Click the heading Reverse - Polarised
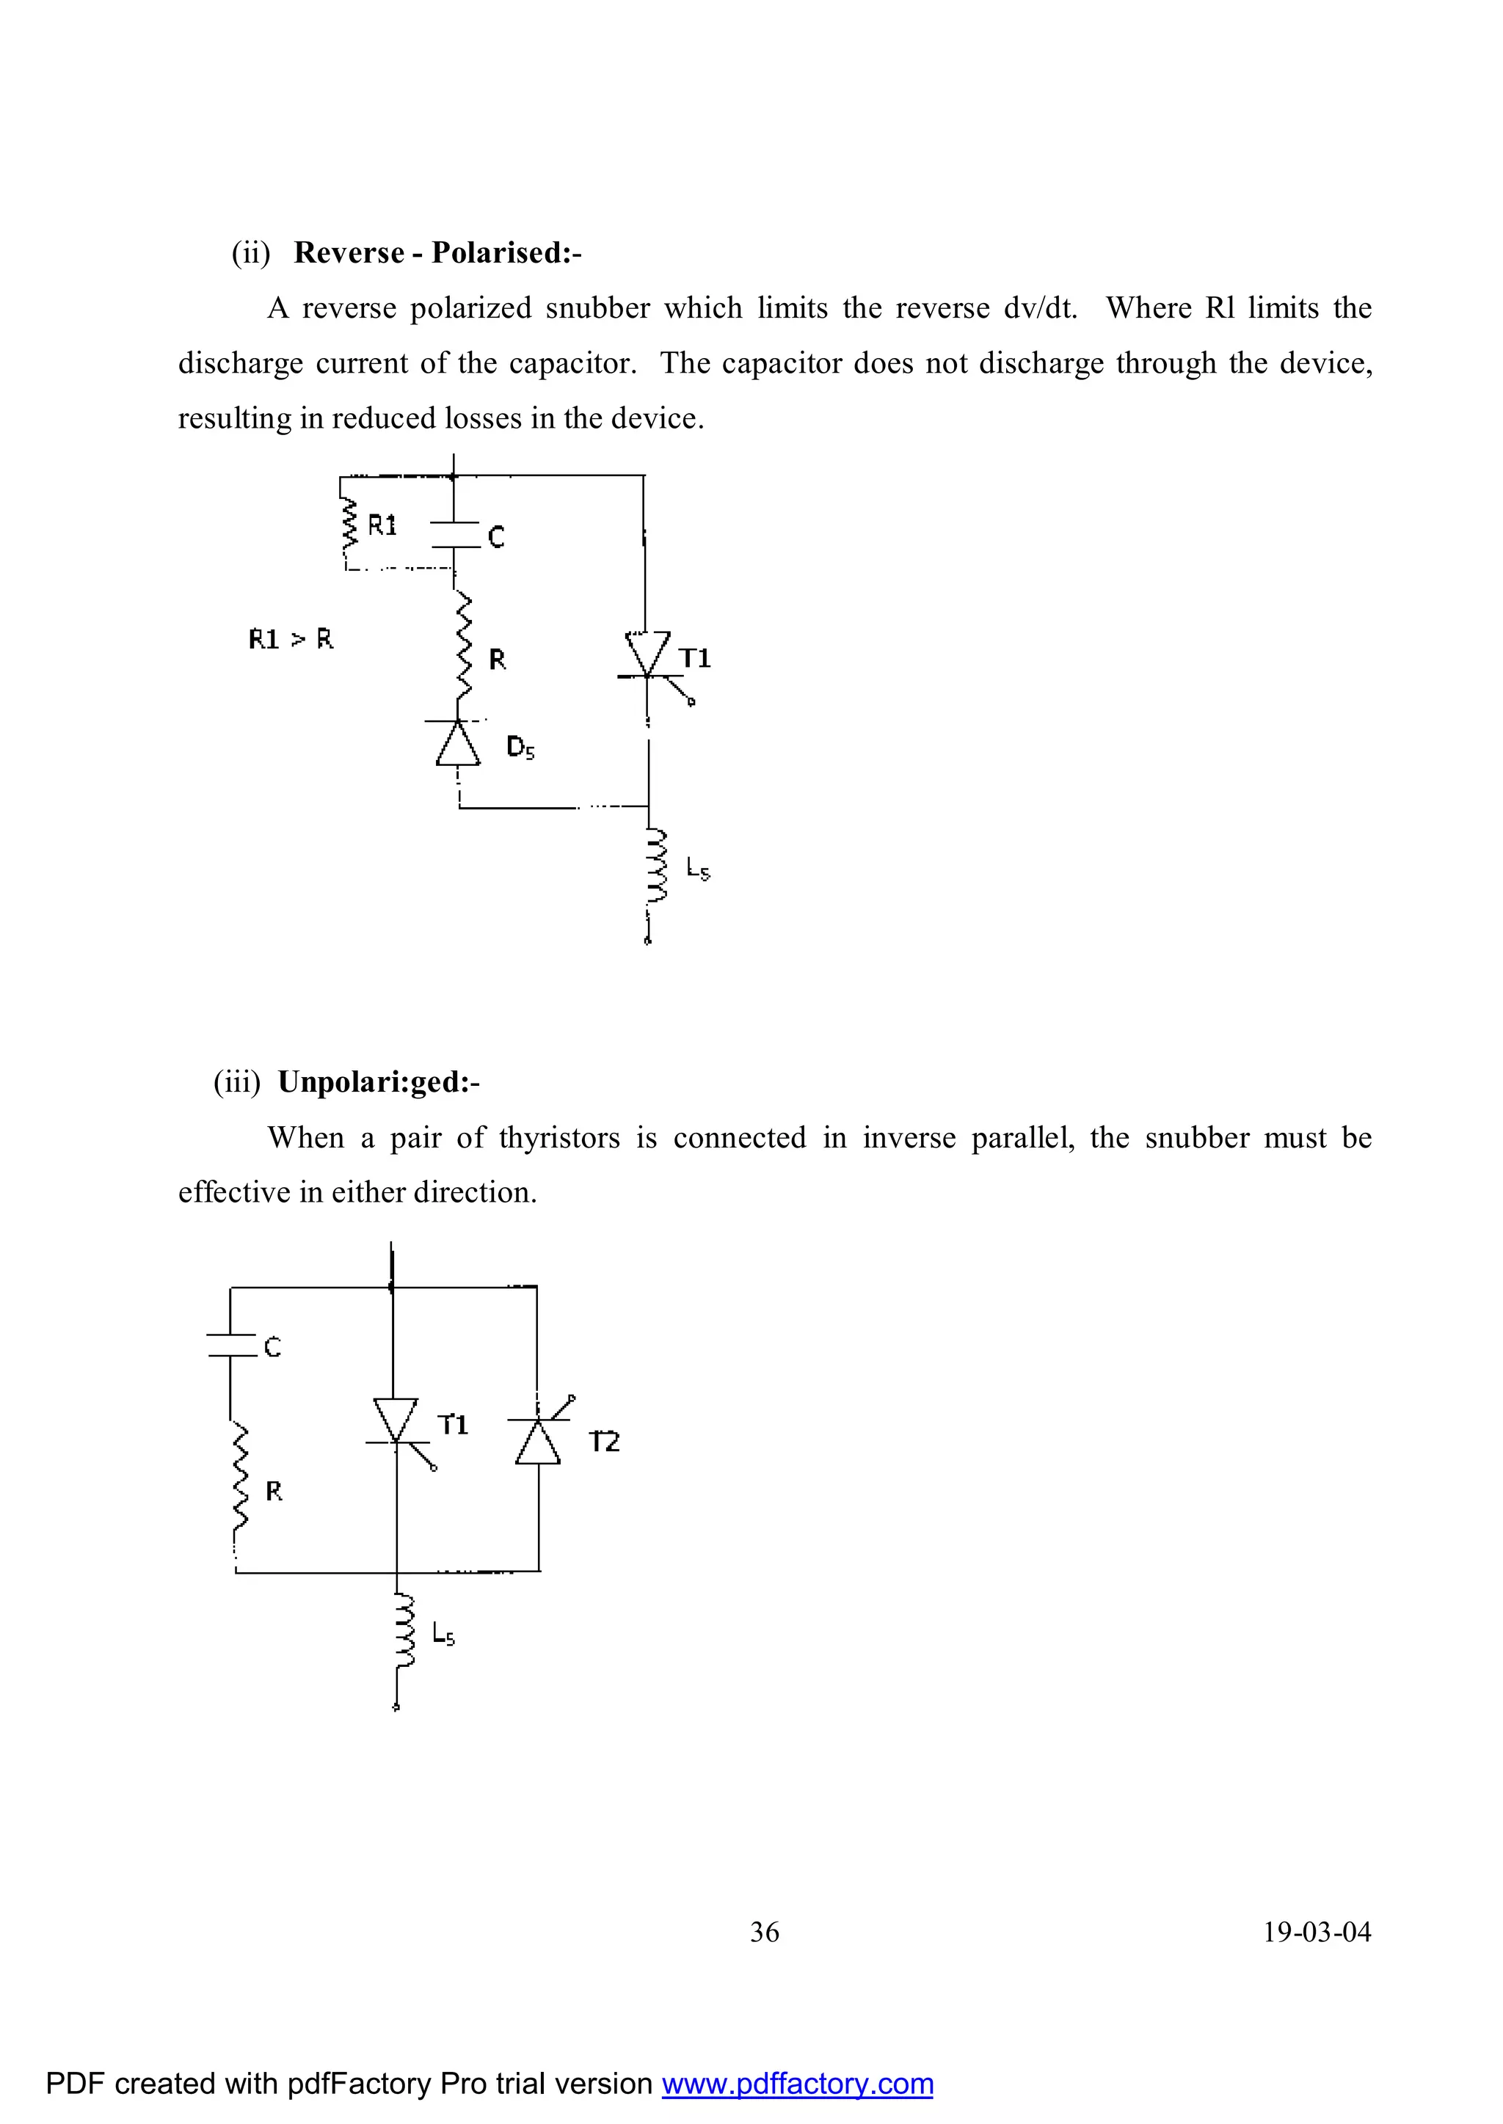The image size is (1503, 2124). [x=437, y=252]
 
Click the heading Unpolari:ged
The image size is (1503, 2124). [x=378, y=1081]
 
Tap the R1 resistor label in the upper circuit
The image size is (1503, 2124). [x=382, y=525]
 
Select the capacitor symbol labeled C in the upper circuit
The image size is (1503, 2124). [x=454, y=534]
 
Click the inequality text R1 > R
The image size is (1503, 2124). [x=291, y=638]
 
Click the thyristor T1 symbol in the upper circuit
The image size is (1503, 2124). [x=648, y=659]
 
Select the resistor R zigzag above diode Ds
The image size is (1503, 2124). [x=463, y=648]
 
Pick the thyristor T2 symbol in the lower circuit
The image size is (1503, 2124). [x=538, y=1439]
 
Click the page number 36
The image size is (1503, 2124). [x=765, y=1933]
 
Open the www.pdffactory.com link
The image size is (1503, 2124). [x=797, y=2084]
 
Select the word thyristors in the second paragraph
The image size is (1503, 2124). [x=559, y=1137]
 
